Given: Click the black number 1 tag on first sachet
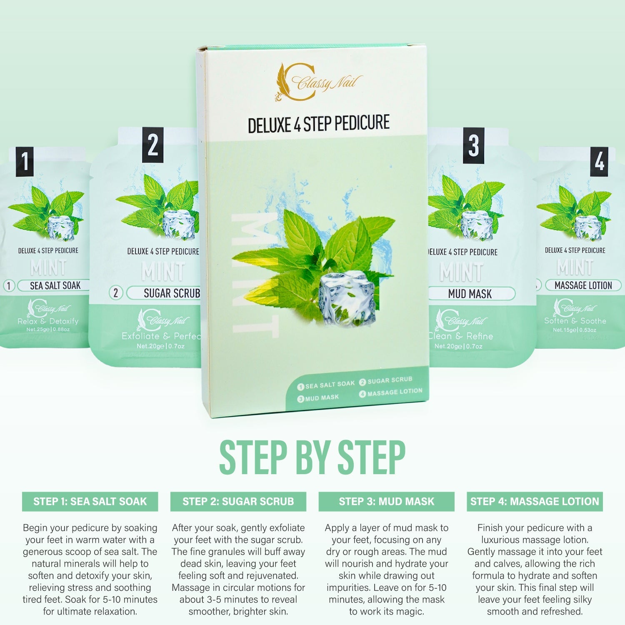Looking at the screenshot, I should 25,162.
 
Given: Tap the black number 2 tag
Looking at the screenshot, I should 152,145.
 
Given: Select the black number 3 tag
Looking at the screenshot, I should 473,145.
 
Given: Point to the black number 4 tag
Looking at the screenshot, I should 599,162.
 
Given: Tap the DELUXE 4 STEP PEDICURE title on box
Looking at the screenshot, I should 319,124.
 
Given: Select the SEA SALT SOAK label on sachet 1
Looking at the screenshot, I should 55,285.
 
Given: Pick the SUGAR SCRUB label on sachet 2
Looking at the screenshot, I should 171,293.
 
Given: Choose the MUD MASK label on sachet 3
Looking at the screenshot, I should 470,294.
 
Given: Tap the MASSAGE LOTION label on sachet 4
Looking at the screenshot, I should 583,285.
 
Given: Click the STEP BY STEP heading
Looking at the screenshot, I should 312,457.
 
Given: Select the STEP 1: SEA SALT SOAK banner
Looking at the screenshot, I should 90,501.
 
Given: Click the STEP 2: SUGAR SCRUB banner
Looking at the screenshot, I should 238,501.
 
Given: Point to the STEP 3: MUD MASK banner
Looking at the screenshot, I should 386,501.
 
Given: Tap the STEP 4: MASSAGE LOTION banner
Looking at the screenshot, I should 535,501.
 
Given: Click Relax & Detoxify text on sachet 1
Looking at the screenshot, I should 48,321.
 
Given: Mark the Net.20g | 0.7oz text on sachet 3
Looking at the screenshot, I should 458,346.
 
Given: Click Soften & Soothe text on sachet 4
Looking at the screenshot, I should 575,321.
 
